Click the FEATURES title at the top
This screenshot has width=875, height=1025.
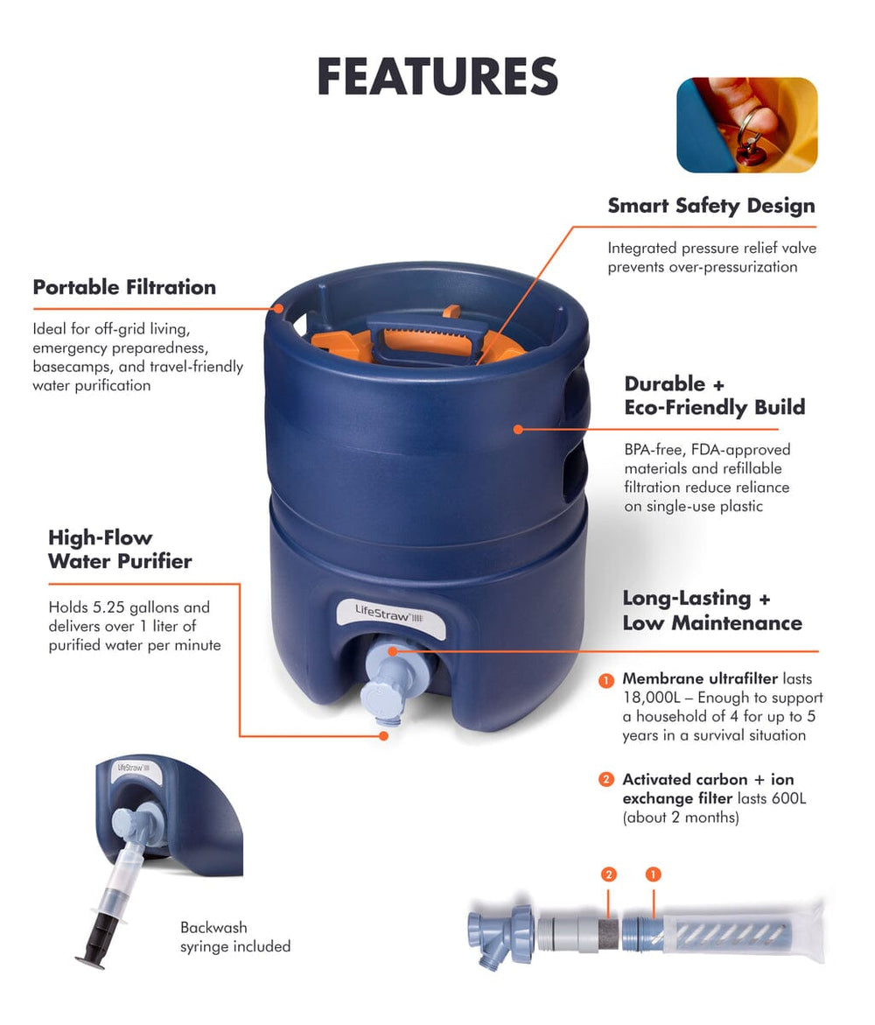click(x=437, y=76)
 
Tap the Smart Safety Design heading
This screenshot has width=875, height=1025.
click(x=710, y=206)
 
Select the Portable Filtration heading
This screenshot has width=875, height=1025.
click(x=124, y=287)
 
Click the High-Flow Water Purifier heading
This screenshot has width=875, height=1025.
click(x=119, y=549)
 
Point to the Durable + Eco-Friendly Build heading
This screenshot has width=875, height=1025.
click(x=714, y=396)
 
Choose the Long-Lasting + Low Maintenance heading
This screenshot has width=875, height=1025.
click(x=711, y=610)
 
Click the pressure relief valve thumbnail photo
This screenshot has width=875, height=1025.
click(x=746, y=125)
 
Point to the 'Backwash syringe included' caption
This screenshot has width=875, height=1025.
click(x=234, y=937)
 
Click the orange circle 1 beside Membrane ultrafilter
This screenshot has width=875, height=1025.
click(x=605, y=680)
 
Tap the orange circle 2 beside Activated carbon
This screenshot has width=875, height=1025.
click(x=605, y=780)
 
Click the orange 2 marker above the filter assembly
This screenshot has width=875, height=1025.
click(x=610, y=874)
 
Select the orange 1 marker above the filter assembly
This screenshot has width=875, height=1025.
click(x=652, y=874)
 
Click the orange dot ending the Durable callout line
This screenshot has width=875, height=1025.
click(x=518, y=429)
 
